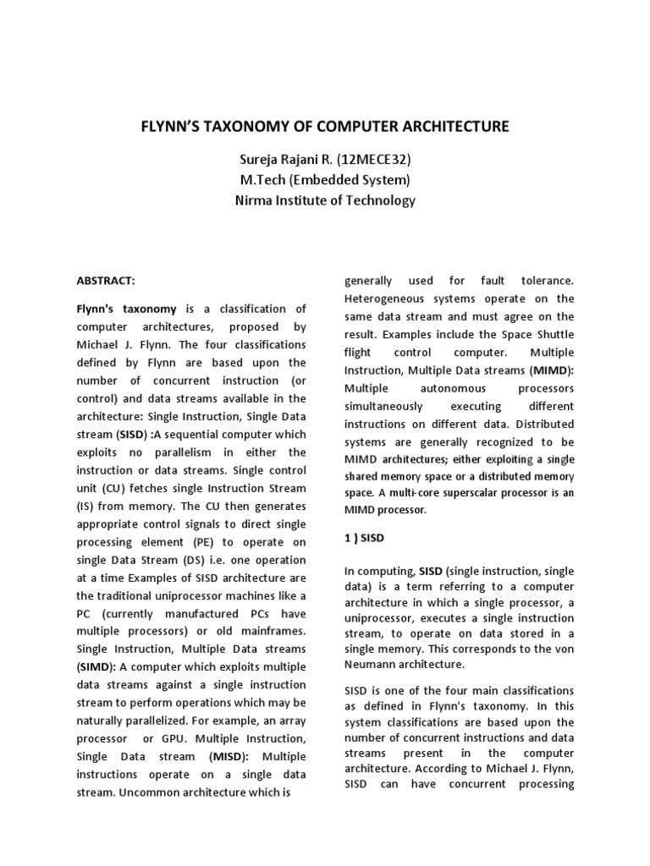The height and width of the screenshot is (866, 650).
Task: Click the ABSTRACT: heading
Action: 106,280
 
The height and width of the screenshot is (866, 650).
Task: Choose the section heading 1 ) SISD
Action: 366,537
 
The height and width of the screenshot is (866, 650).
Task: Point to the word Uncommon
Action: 146,792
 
